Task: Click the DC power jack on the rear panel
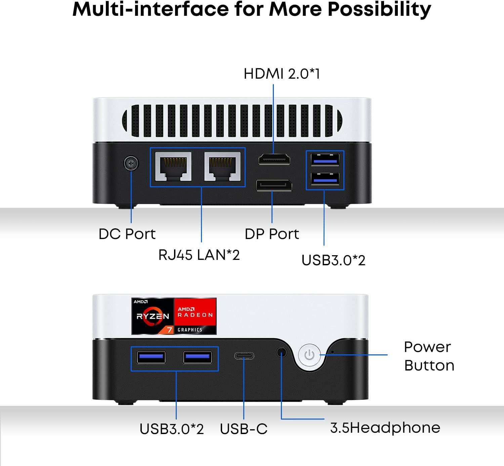pos(131,164)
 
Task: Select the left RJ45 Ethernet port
pos(173,166)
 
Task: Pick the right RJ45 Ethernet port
pos(222,166)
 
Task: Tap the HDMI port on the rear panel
pos(275,159)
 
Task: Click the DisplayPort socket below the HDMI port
pos(274,186)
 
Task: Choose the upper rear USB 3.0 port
pos(325,159)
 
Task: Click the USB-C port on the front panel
pos(244,356)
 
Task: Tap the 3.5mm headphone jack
pos(282,353)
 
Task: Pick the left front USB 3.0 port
pos(151,357)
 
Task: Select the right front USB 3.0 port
pos(198,357)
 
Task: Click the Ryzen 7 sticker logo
pos(153,316)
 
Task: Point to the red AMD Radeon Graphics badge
pos(195,316)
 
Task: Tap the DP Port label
pos(271,234)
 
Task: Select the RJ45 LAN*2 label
pos(199,255)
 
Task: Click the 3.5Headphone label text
pos(385,428)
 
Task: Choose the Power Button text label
pos(429,356)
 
